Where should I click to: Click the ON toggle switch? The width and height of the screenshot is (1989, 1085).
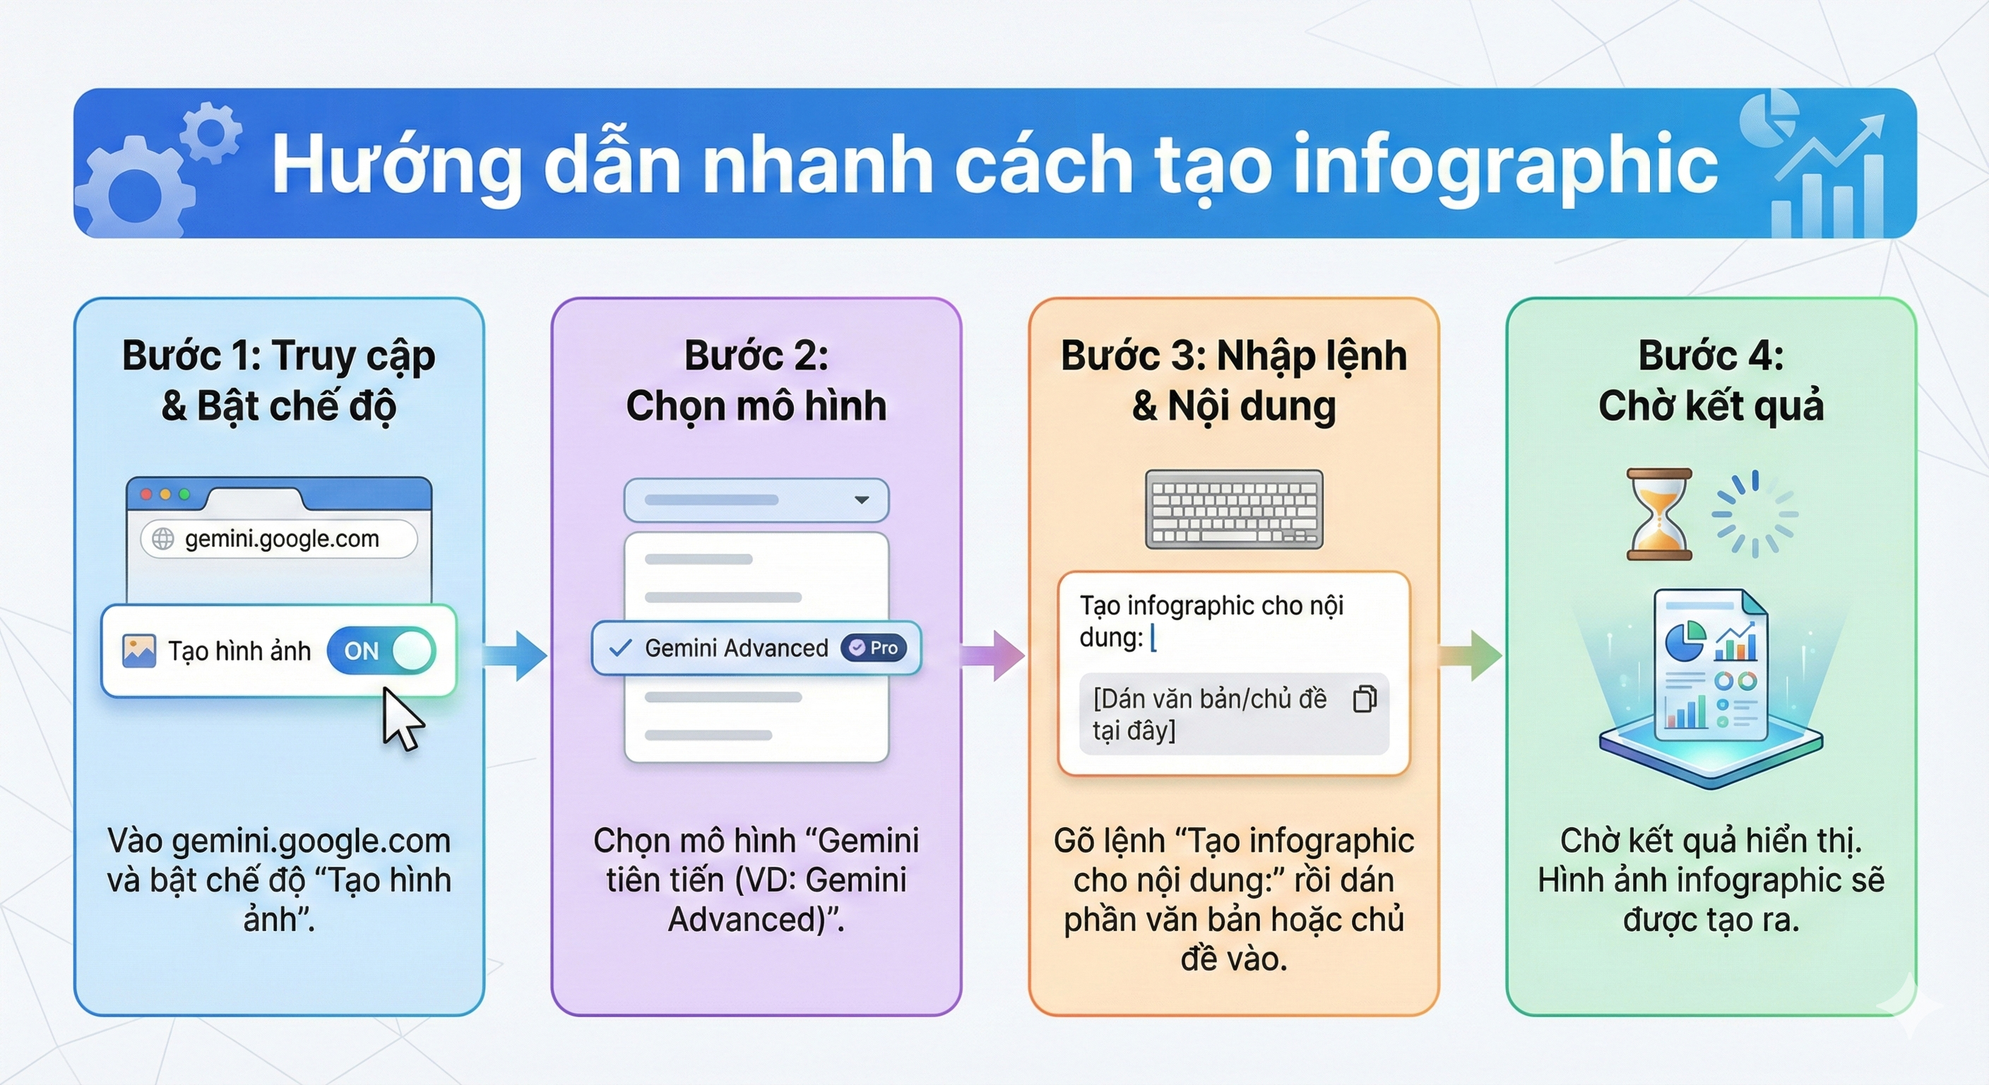(x=381, y=651)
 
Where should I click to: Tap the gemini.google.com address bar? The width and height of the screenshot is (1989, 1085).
(x=280, y=538)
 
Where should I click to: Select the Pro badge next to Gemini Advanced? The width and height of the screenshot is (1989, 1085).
(x=874, y=648)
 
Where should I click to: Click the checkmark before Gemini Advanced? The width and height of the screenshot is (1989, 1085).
(x=620, y=648)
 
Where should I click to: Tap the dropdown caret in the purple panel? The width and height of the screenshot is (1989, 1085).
(x=862, y=499)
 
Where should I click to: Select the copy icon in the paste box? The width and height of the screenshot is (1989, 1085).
(x=1365, y=699)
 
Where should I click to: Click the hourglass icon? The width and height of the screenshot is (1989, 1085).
(x=1658, y=514)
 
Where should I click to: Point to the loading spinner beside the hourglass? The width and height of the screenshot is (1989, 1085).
(x=1755, y=514)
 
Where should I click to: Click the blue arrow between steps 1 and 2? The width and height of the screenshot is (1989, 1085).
(x=516, y=656)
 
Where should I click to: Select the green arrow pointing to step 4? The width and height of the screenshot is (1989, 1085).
(x=1471, y=656)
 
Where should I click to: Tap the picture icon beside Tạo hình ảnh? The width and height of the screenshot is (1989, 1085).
(x=139, y=651)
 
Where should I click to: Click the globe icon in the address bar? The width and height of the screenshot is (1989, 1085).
(x=163, y=538)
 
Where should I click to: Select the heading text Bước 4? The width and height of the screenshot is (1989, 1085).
(x=1710, y=356)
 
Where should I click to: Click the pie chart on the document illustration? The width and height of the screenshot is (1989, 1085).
(x=1684, y=640)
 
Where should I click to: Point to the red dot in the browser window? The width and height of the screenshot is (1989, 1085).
(x=146, y=494)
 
